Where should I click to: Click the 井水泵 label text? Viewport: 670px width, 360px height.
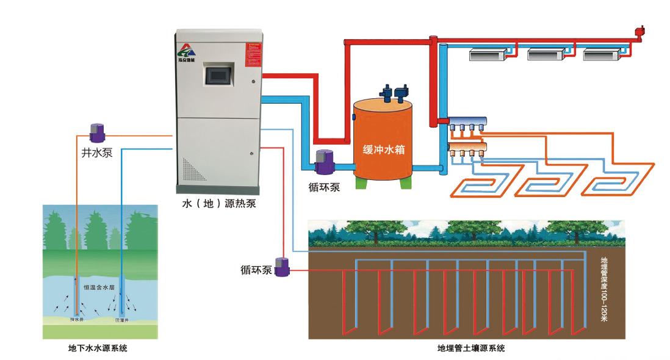tap(96, 153)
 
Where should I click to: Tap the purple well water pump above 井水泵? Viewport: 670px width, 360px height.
tap(97, 131)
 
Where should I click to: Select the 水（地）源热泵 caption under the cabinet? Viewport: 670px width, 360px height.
tap(218, 204)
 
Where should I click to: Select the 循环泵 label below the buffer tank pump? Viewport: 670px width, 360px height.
tap(324, 186)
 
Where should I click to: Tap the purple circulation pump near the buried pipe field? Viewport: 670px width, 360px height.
tap(282, 267)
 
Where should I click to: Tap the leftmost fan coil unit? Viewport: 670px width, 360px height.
tap(488, 55)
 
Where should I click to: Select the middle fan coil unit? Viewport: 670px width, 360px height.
tap(546, 55)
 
